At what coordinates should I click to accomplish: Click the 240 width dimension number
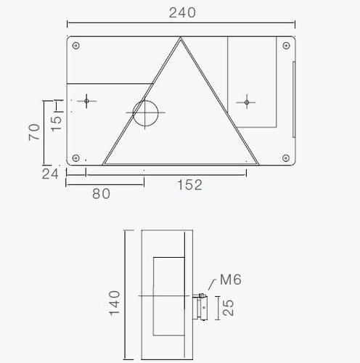tap(182, 13)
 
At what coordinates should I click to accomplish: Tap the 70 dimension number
tap(34, 132)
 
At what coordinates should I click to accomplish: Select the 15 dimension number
tap(57, 124)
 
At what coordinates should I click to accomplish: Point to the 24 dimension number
tap(50, 174)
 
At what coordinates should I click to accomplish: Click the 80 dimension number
tap(101, 194)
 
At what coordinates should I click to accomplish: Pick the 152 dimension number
tap(189, 185)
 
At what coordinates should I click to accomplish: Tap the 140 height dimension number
tap(115, 303)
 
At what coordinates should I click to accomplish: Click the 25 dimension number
tap(228, 308)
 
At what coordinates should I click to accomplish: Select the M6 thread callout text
tap(231, 280)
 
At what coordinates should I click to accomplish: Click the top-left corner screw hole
tap(76, 46)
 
